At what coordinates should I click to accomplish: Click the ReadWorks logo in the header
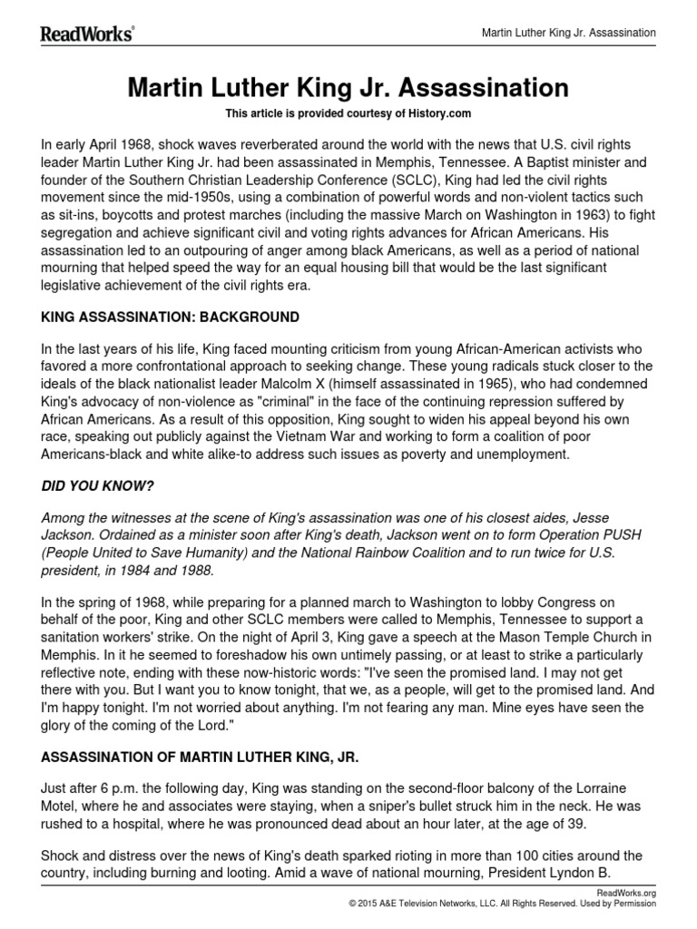pyautogui.click(x=87, y=34)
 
